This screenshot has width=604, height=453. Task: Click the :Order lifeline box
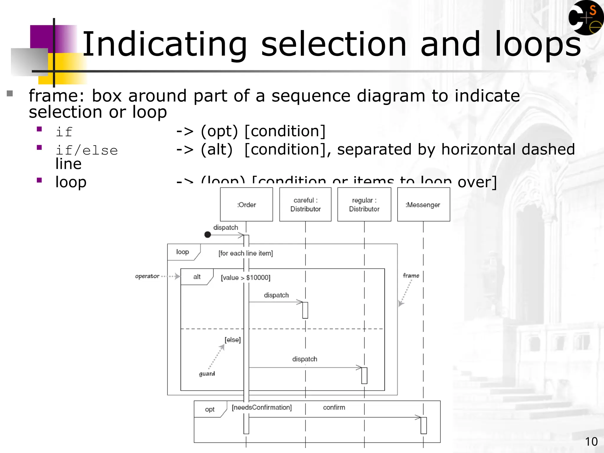pyautogui.click(x=246, y=204)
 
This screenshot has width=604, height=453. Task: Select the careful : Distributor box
pyautogui.click(x=305, y=204)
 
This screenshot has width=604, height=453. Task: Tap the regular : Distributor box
pyautogui.click(x=364, y=204)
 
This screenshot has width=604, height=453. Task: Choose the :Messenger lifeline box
pyautogui.click(x=424, y=204)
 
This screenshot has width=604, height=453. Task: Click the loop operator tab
pyautogui.click(x=183, y=252)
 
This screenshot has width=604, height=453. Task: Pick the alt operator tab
pyautogui.click(x=197, y=277)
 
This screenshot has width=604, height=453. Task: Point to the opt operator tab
pyautogui.click(x=210, y=409)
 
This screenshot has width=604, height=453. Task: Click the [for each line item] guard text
pyautogui.click(x=246, y=253)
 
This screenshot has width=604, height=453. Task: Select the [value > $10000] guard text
pyautogui.click(x=246, y=278)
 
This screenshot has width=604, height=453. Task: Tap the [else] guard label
pyautogui.click(x=233, y=340)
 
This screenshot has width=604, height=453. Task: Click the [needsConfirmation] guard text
pyautogui.click(x=262, y=407)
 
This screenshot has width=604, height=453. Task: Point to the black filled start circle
pyautogui.click(x=208, y=235)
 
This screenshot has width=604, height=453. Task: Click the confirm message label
pyautogui.click(x=334, y=407)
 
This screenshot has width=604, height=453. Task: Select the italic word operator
pyautogui.click(x=147, y=276)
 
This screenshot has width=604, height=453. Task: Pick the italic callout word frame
pyautogui.click(x=411, y=275)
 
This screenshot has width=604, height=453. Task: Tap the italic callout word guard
pyautogui.click(x=207, y=374)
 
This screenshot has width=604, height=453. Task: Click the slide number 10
pyautogui.click(x=591, y=442)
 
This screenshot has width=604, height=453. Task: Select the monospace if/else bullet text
pyautogui.click(x=87, y=150)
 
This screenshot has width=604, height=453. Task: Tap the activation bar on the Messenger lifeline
pyautogui.click(x=424, y=425)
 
